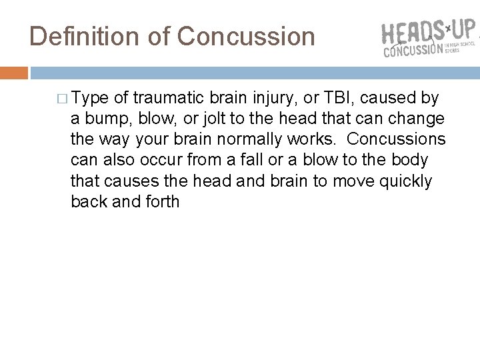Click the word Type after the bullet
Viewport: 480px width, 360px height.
(91, 99)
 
